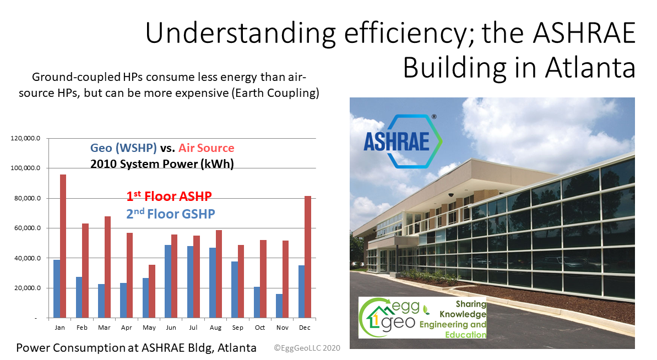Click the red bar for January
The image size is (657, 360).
(x=63, y=246)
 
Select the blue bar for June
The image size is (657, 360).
(x=167, y=281)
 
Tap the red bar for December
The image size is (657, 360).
(x=308, y=257)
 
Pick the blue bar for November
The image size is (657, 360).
(x=279, y=306)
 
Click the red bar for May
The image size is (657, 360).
(x=152, y=291)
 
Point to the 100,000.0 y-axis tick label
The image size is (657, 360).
(x=26, y=168)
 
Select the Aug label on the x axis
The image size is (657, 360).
(x=215, y=328)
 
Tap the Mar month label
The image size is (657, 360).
(x=104, y=328)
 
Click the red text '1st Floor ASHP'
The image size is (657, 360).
(x=169, y=196)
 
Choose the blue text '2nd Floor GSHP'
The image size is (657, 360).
(x=171, y=214)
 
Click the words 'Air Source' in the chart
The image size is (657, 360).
(x=206, y=148)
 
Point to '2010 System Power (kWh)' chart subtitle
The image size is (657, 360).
(x=162, y=163)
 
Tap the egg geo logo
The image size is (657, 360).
(x=422, y=318)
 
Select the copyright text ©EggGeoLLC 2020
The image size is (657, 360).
(x=307, y=348)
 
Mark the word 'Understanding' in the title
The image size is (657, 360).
(x=241, y=34)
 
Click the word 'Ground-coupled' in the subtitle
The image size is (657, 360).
(x=76, y=78)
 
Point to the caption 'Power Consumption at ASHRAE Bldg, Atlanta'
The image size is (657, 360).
(x=136, y=348)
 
